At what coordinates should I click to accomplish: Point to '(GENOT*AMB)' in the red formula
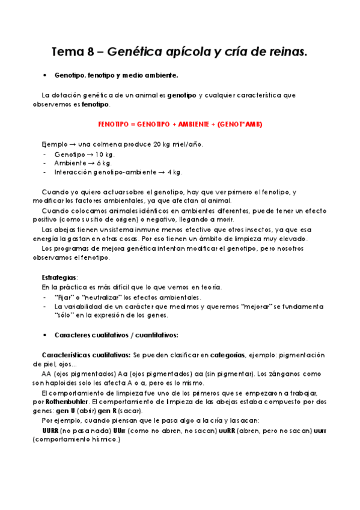(240, 124)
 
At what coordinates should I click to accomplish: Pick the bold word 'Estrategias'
(59, 277)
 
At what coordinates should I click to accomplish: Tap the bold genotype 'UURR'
(50, 431)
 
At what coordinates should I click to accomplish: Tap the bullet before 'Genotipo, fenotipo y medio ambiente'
(46, 75)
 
